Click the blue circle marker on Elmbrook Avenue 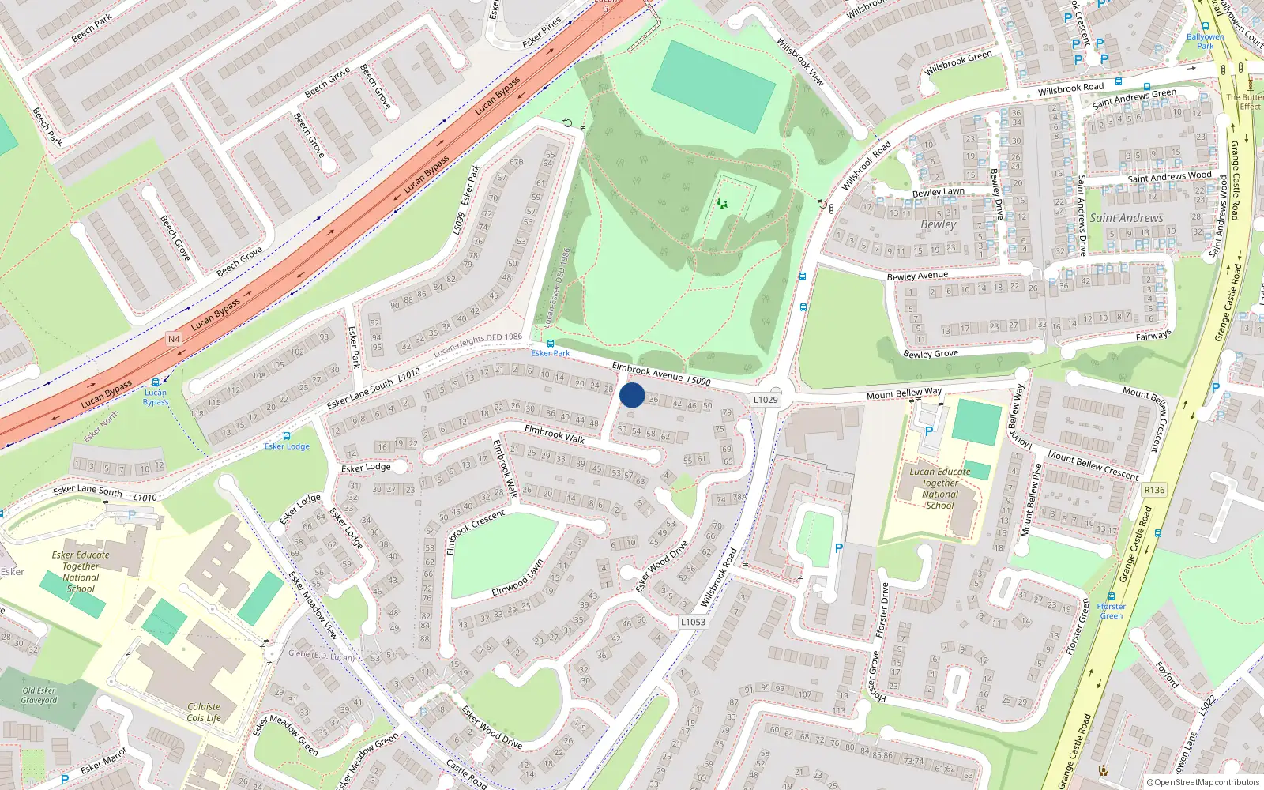(x=632, y=395)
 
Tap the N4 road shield (x=174, y=339)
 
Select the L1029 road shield (x=765, y=400)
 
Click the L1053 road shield (x=693, y=622)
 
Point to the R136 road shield (x=1154, y=490)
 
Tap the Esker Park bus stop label (x=551, y=353)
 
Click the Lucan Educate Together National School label (x=940, y=488)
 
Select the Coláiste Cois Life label (x=204, y=713)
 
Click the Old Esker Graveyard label (x=39, y=695)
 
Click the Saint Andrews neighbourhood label (x=1127, y=218)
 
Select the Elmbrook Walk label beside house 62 (x=555, y=434)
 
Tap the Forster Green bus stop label (x=1112, y=611)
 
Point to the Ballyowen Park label (x=1206, y=41)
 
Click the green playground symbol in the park (x=722, y=204)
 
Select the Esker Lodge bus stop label (x=287, y=446)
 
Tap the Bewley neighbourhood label (x=939, y=224)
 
